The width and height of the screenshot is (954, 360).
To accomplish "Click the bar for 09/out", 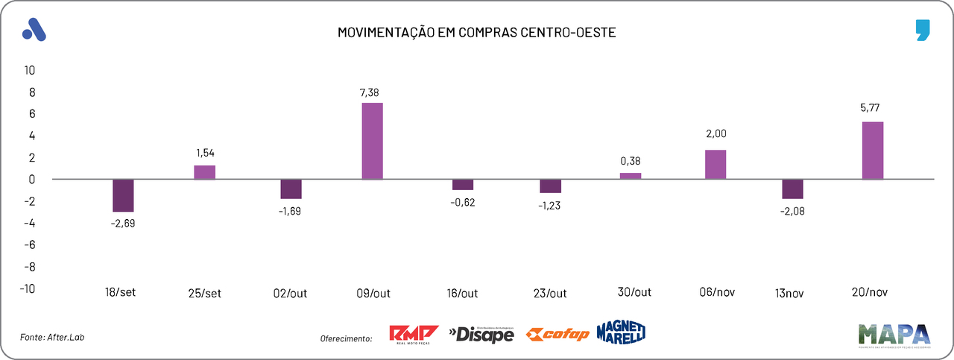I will click(372, 141).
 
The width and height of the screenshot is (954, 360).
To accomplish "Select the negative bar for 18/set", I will click(123, 195).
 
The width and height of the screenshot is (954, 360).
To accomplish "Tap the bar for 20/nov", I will click(873, 151).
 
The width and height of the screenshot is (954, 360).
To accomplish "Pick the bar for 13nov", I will click(792, 189).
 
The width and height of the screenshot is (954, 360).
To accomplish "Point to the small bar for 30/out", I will click(631, 176).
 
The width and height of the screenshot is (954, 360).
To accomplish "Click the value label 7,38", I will click(372, 92).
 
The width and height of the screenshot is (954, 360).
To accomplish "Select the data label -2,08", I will click(792, 211).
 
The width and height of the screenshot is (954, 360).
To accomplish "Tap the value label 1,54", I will click(205, 153).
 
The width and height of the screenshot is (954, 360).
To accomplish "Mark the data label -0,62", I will click(463, 203).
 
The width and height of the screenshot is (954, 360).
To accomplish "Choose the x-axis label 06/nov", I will click(717, 292).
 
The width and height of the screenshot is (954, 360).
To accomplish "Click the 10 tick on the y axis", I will click(30, 70).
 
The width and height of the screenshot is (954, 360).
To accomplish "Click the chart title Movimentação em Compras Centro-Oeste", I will click(477, 34).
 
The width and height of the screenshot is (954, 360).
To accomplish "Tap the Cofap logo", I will click(557, 334).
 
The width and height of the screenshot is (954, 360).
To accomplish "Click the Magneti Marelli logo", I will click(621, 332).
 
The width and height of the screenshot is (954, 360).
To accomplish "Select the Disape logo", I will click(481, 335).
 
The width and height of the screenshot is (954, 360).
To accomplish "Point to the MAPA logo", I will click(894, 335).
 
